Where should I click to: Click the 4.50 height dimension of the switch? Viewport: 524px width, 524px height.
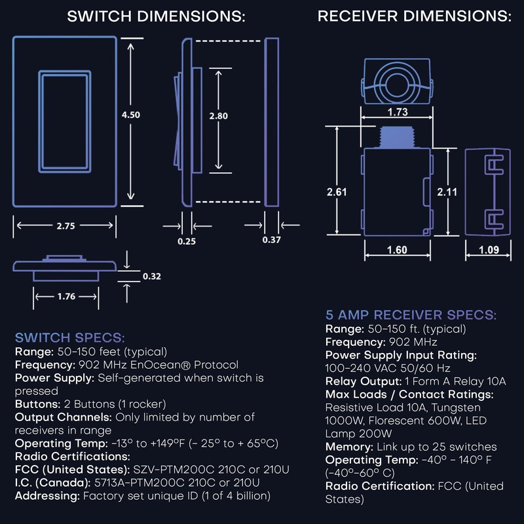131,114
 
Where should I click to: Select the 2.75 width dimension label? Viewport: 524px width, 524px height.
66,225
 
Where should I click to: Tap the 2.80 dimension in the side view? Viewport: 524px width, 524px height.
219,115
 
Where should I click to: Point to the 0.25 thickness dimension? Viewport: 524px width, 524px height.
187,241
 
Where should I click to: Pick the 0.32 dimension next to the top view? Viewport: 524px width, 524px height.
151,276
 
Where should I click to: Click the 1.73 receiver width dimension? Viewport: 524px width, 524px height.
398,112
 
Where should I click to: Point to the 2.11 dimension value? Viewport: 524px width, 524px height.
447,191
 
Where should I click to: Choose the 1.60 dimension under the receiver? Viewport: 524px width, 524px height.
396,250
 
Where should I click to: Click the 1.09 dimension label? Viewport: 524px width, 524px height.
489,250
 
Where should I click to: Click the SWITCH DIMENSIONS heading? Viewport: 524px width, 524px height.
156,17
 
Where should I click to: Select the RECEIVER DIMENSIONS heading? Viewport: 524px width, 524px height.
414,16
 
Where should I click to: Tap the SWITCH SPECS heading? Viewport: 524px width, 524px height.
69,338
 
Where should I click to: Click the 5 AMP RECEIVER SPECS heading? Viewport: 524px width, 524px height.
411,315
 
